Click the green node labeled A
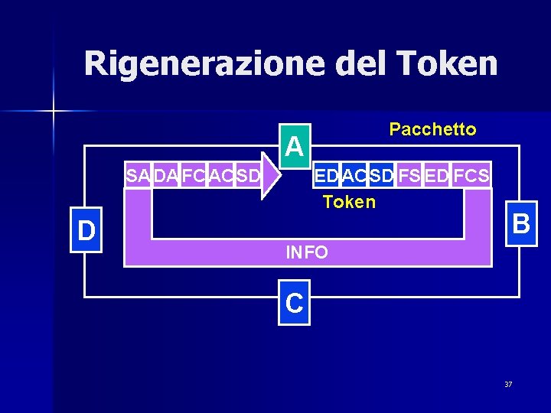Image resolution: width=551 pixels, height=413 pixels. click(294, 144)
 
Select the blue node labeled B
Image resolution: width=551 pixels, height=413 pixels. click(521, 225)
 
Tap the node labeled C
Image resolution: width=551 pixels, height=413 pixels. click(295, 304)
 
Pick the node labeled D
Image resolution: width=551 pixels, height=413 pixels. click(86, 230)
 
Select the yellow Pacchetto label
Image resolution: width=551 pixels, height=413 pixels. click(432, 130)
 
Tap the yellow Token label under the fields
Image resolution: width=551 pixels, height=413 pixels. click(350, 202)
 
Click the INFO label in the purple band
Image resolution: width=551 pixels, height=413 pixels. click(307, 252)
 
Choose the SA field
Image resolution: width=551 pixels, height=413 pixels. click(138, 177)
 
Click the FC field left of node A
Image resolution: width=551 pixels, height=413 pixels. click(194, 177)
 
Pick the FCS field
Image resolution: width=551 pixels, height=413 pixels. click(471, 176)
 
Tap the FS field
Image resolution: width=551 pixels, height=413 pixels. click(409, 176)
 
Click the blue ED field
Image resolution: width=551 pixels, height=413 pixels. click(327, 176)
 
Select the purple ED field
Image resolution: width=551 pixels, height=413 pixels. click(436, 176)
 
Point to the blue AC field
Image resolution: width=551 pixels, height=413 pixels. click(354, 176)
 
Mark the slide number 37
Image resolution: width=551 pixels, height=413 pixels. click(508, 384)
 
